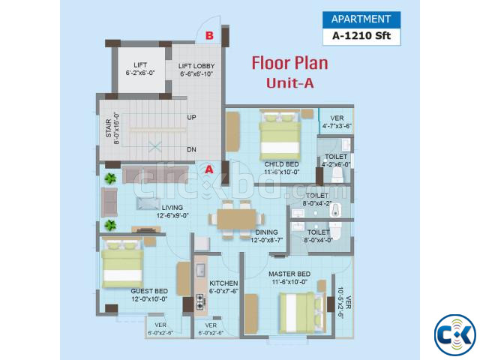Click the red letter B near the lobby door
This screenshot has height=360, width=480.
point(209,35)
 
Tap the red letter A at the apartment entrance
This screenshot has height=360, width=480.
point(209,169)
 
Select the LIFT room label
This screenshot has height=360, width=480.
point(140,65)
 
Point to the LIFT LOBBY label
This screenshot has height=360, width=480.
point(196,66)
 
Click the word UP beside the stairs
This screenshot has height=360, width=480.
point(192,117)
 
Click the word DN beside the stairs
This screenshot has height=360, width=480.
point(192,149)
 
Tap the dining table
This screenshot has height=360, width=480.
point(237,219)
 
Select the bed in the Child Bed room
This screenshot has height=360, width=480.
point(280,136)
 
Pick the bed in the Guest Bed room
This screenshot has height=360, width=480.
point(122,264)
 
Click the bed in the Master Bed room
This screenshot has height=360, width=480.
point(301,313)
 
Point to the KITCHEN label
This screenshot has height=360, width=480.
point(223,283)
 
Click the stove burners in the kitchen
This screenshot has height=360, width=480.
point(200,301)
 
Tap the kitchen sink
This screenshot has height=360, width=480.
point(200,270)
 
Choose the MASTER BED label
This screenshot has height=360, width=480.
point(289,274)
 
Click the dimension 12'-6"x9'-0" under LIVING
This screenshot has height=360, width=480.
point(172,215)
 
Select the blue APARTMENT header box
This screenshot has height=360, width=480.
point(361,19)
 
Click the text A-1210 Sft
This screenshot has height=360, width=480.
point(361,36)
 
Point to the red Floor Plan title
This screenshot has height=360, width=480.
point(290,63)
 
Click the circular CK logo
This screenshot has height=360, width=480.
point(455,335)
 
